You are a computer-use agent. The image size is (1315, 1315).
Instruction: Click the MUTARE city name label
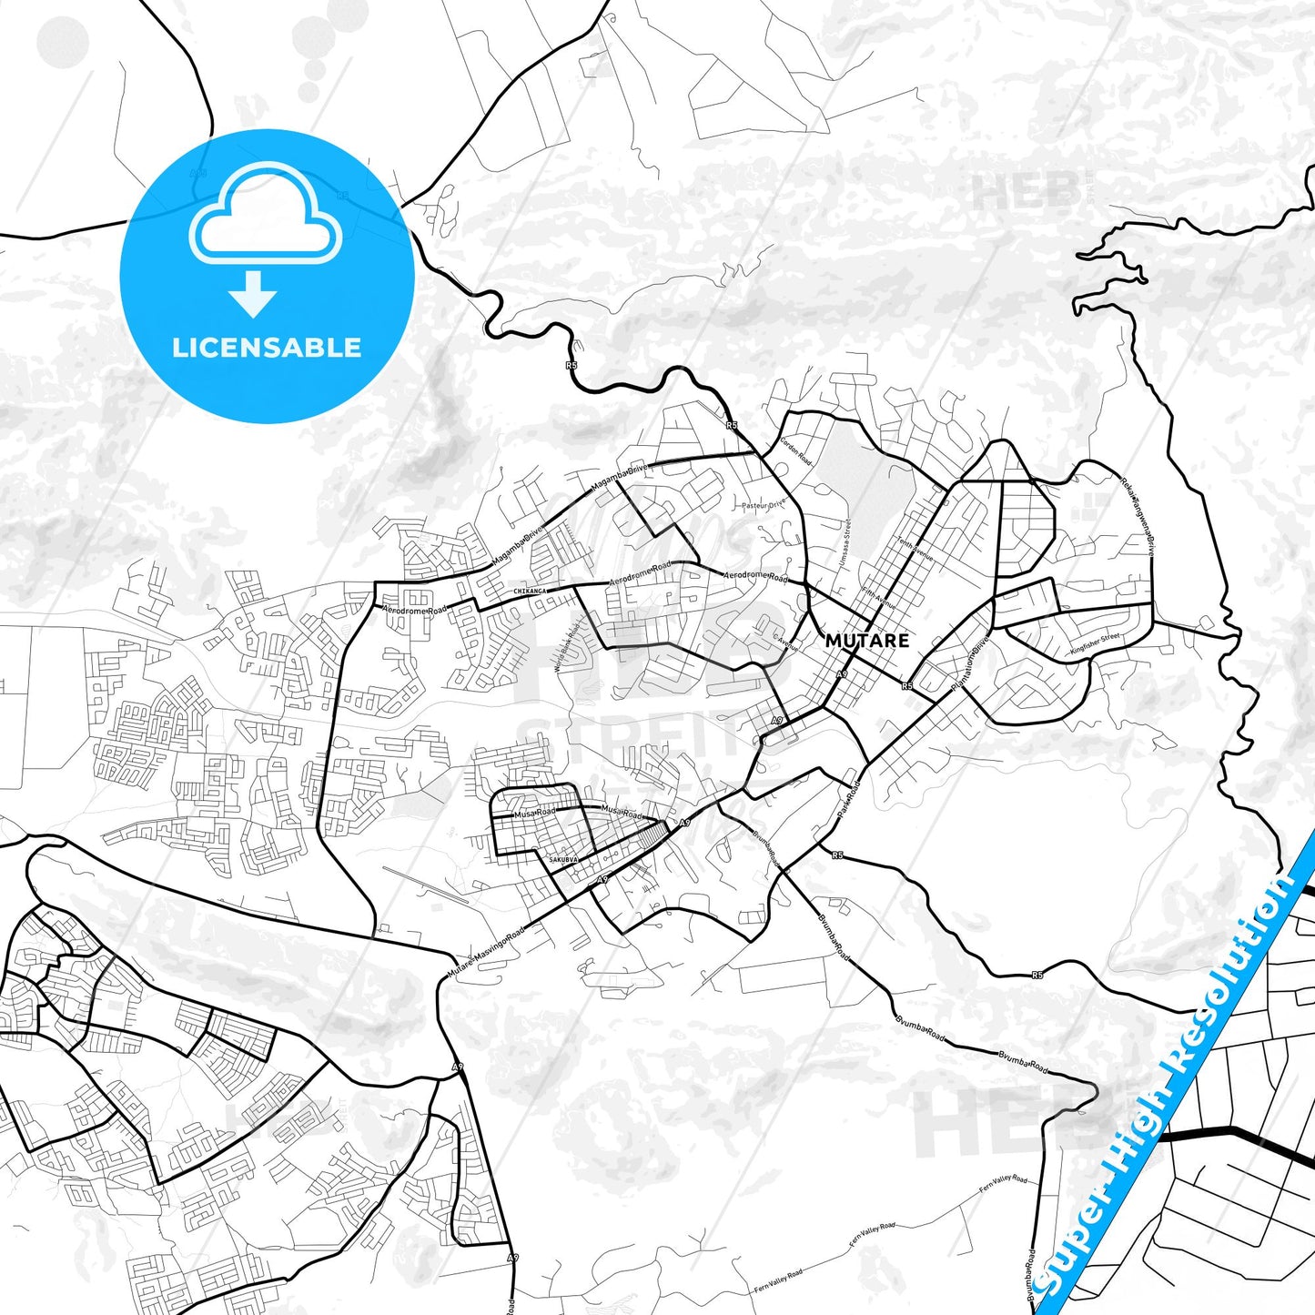point(866,640)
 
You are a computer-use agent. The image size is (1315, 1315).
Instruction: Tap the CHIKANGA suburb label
point(531,592)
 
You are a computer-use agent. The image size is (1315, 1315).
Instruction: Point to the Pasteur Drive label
point(763,504)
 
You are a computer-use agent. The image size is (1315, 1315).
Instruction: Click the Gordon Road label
point(794,450)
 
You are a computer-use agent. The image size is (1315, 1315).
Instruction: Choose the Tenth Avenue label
point(915,545)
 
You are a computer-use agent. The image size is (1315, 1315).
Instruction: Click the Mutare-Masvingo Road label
point(486,953)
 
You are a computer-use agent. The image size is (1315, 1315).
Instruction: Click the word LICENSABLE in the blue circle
point(267,348)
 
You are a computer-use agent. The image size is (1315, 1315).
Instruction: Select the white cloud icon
point(265,216)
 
